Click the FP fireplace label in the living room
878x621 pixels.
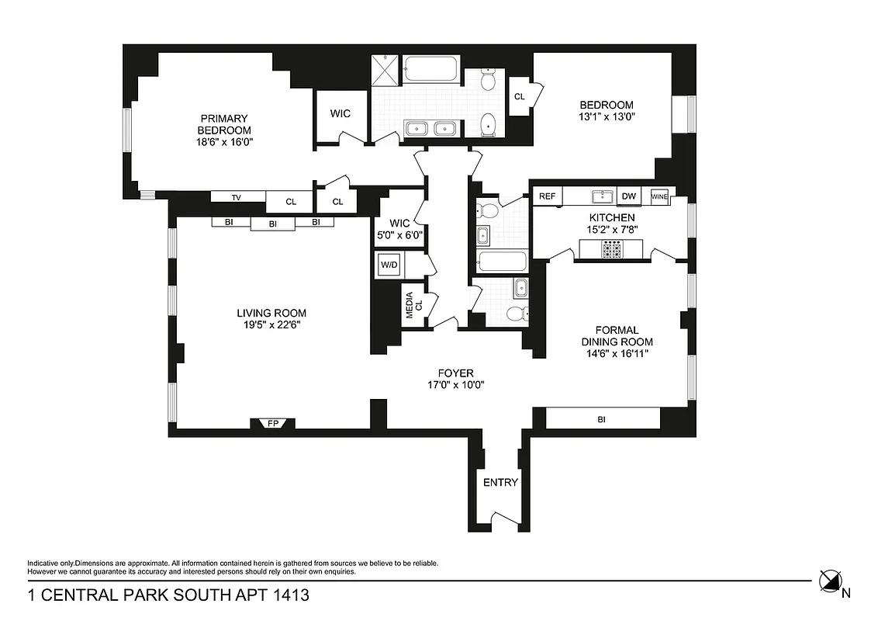(272, 424)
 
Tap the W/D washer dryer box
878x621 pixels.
(389, 265)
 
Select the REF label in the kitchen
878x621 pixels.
(548, 197)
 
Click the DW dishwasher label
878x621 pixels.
(628, 197)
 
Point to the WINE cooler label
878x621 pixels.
(659, 197)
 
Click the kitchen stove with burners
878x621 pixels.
(611, 249)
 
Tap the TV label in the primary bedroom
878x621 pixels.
(237, 197)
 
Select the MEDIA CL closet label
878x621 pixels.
(413, 305)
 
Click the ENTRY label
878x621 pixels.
(500, 482)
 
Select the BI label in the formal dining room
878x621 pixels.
(601, 419)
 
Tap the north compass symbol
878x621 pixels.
(830, 581)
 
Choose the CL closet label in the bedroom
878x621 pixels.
(519, 97)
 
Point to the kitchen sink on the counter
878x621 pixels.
(602, 196)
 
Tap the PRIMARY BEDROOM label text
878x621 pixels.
(224, 124)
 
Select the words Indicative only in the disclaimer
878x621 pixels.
(50, 563)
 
